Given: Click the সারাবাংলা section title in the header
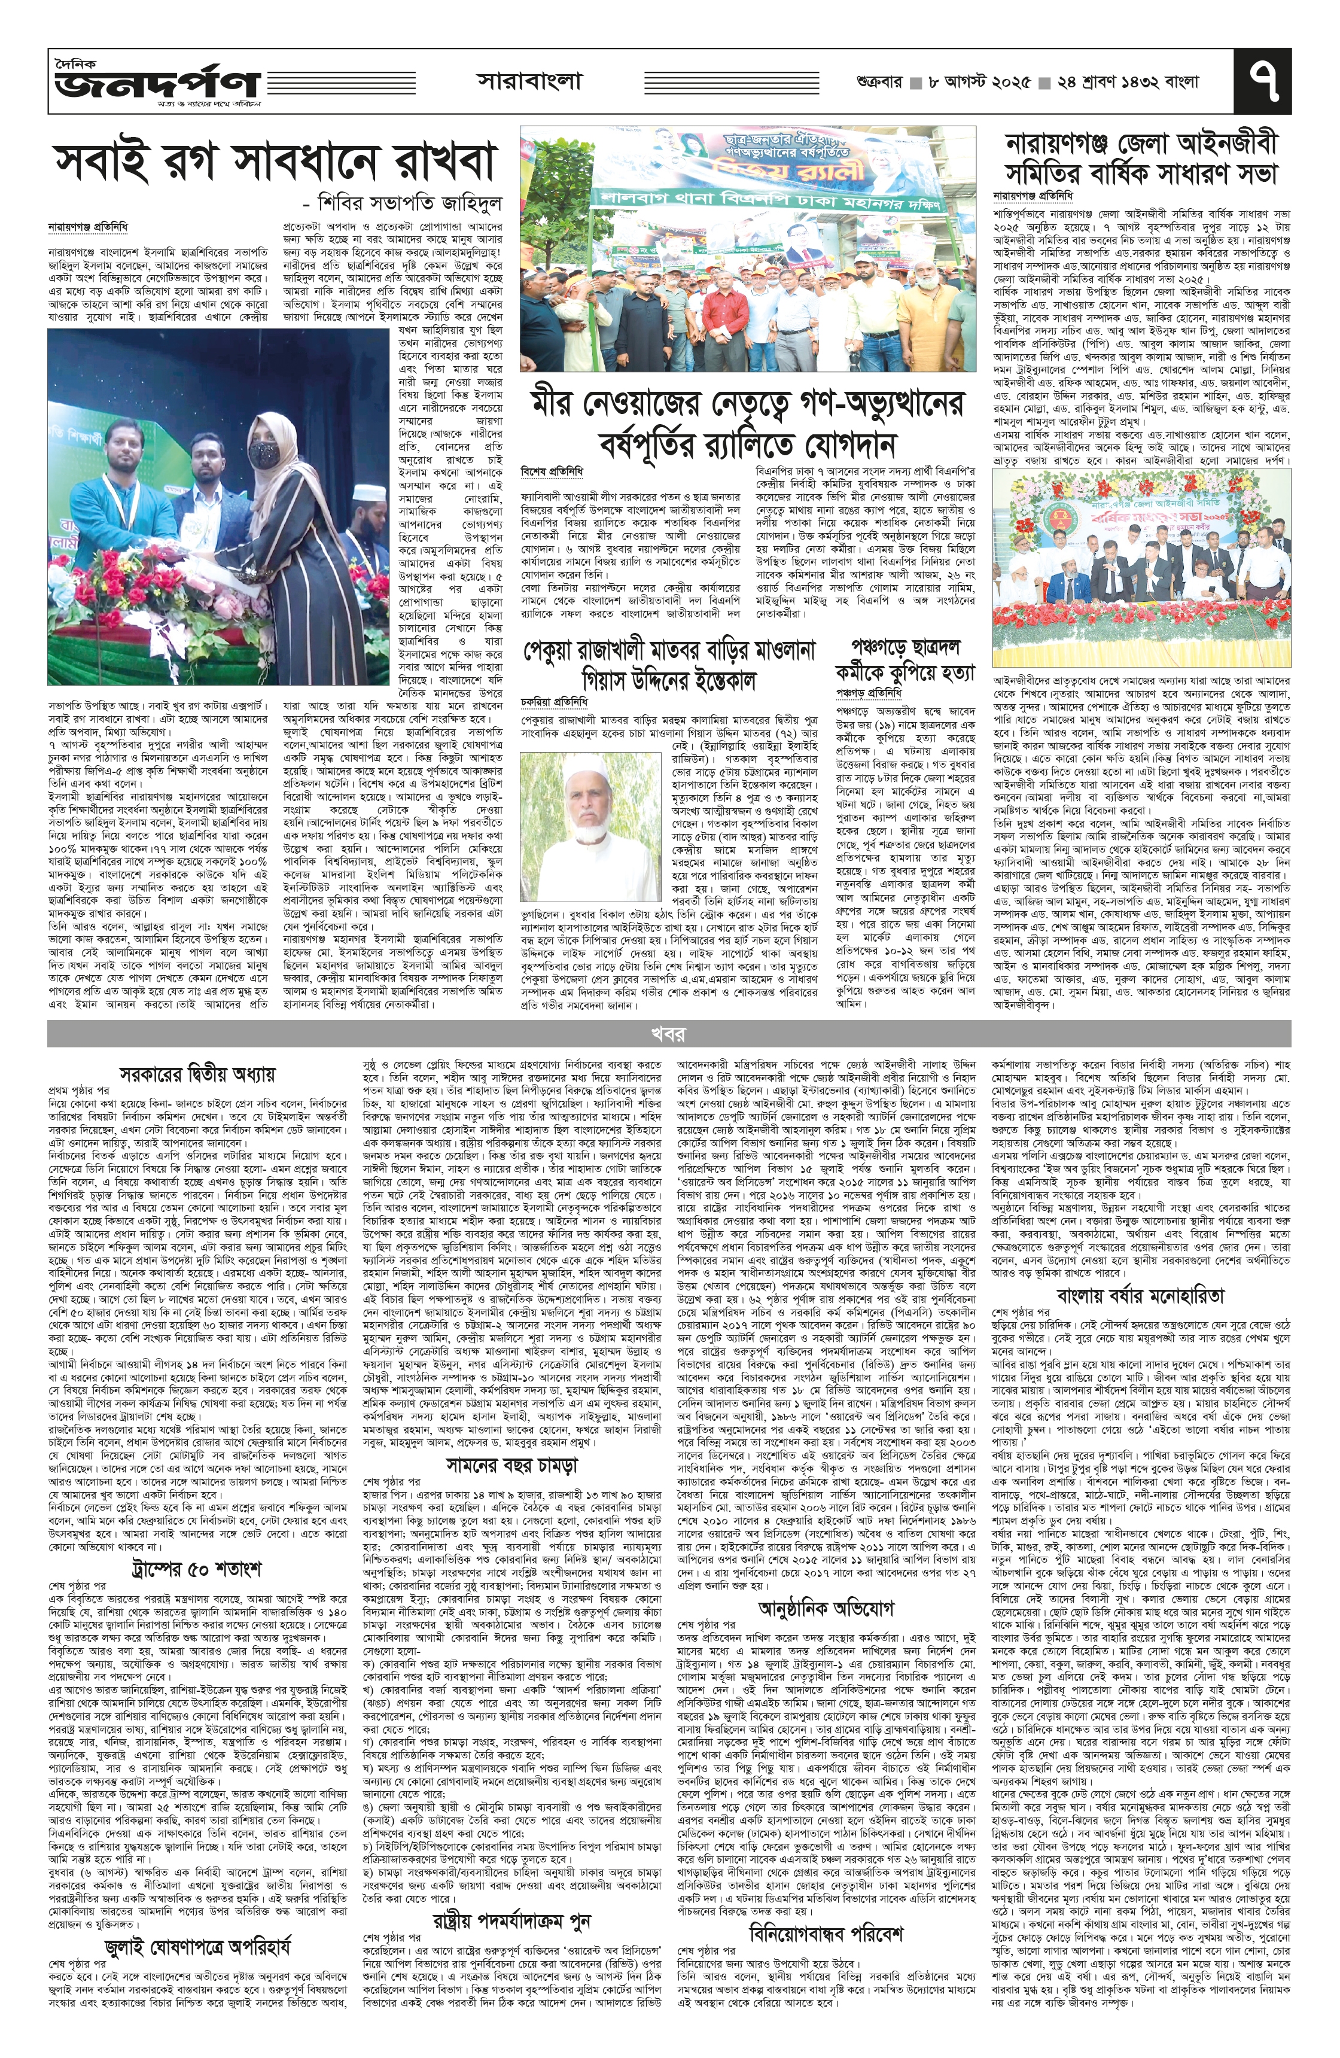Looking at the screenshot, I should click(x=529, y=82).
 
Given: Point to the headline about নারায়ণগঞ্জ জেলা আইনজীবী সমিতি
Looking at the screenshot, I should click(x=1141, y=159).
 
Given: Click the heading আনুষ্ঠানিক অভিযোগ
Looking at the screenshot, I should click(x=825, y=1583).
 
